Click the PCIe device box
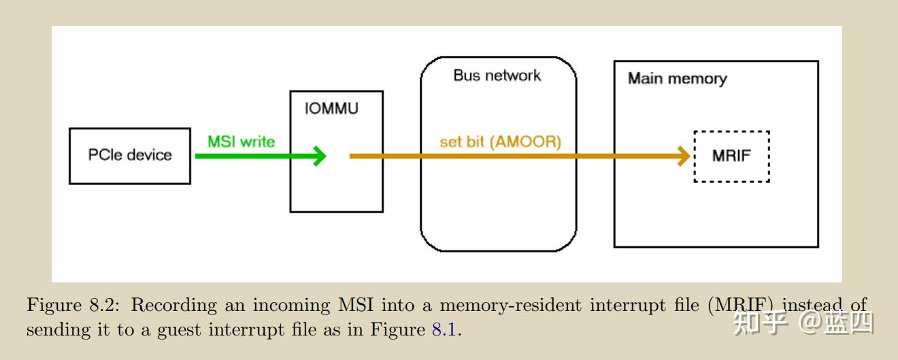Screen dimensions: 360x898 (x=130, y=155)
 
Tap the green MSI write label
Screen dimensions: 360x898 (x=241, y=142)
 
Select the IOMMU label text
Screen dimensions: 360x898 (x=331, y=109)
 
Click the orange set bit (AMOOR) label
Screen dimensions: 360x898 (x=500, y=142)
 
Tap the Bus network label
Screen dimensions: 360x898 (x=497, y=76)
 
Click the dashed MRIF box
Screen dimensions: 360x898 (x=731, y=156)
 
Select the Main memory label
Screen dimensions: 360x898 (x=677, y=78)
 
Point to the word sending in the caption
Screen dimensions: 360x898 (x=51, y=330)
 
